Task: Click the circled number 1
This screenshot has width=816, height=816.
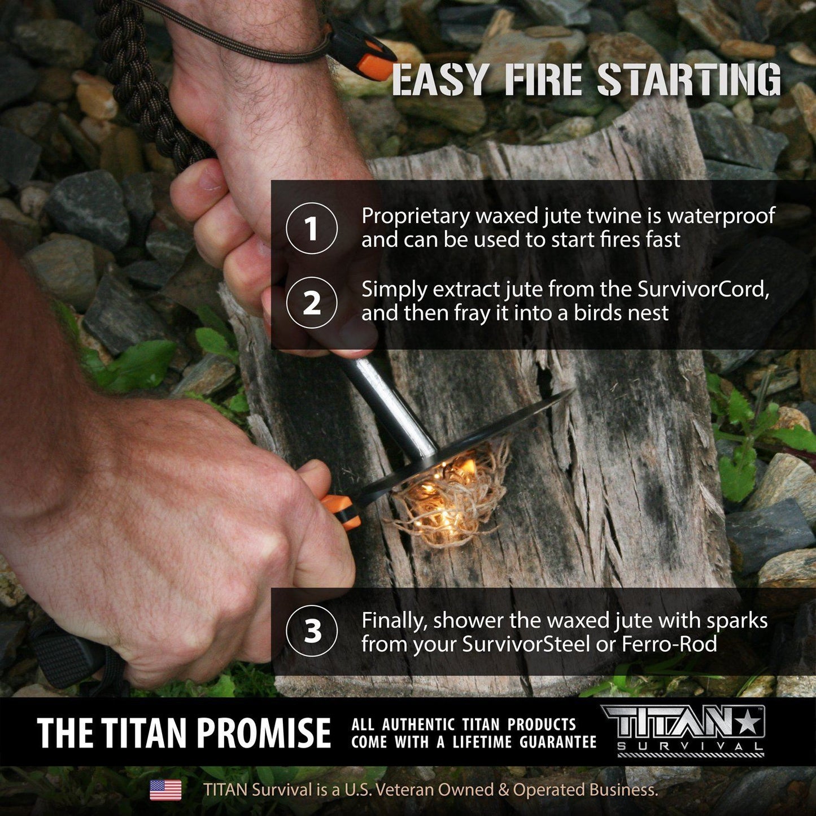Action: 312,229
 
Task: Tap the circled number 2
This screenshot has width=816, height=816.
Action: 312,303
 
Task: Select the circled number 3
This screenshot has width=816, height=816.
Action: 312,631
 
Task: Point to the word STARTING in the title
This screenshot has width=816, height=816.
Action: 689,80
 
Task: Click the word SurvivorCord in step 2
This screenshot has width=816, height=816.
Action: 703,289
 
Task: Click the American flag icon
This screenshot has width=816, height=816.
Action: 165,790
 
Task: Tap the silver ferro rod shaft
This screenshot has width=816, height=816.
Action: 390,404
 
